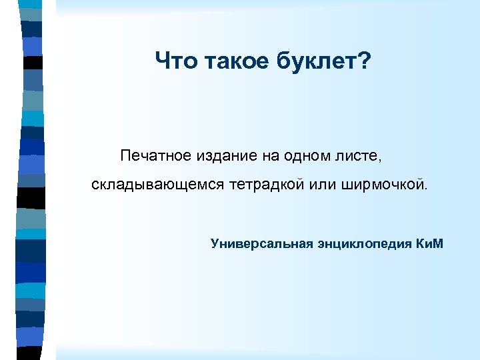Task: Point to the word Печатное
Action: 156,156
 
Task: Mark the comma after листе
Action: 381,159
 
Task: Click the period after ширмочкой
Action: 421,187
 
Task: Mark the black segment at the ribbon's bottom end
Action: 30,353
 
